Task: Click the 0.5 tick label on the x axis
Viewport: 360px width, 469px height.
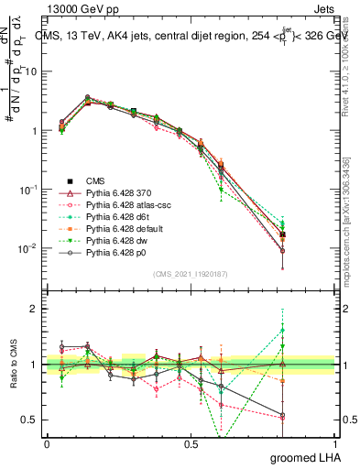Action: [x=191, y=444]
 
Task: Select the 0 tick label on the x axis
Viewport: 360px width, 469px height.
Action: [x=47, y=444]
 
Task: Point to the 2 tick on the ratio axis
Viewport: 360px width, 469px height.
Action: [x=34, y=309]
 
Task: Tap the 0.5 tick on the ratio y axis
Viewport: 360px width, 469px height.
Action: [x=29, y=420]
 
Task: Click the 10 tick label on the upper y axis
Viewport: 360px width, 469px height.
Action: [x=30, y=71]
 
